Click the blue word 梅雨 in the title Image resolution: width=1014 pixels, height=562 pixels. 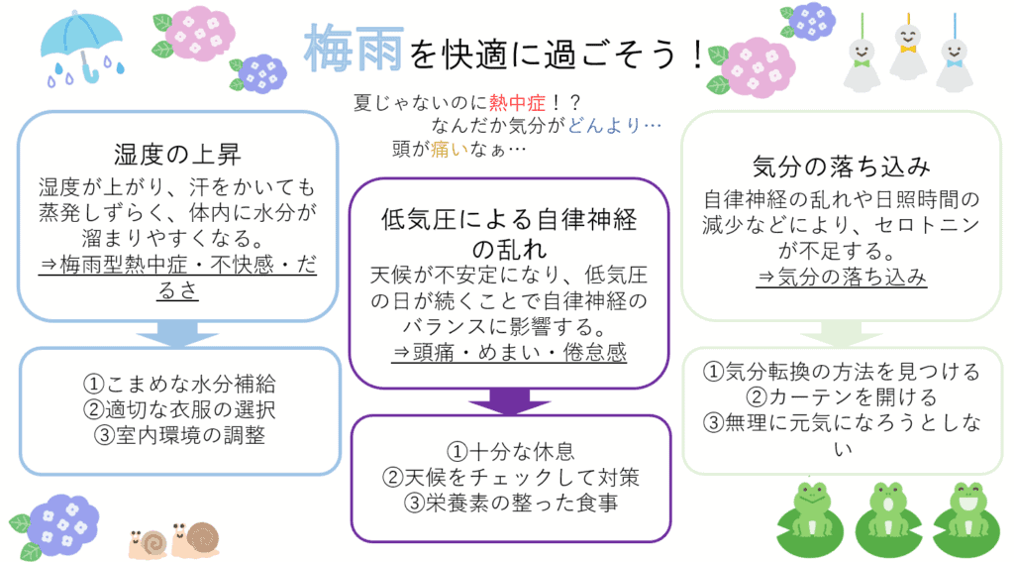[x=354, y=49]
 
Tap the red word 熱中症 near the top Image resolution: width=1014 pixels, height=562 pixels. [x=517, y=102]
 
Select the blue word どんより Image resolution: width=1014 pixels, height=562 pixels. [x=604, y=125]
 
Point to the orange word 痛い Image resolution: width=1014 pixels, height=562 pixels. [x=450, y=149]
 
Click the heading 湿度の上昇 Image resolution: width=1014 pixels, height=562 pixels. [x=177, y=154]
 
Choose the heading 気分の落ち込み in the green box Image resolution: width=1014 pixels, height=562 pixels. [x=842, y=167]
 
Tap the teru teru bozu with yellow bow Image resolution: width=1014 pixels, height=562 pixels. [x=908, y=51]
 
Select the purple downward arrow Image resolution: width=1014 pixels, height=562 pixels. [x=510, y=401]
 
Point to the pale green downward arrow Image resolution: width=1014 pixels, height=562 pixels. [x=842, y=335]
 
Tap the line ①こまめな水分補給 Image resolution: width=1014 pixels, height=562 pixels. [x=179, y=384]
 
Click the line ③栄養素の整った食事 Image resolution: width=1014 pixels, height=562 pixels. [x=511, y=504]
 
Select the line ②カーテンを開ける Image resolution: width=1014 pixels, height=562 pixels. [x=842, y=396]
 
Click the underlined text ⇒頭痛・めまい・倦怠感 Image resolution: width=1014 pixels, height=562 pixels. [x=510, y=352]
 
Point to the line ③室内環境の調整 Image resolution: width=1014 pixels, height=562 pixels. [x=179, y=435]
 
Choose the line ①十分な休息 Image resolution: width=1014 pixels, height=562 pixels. [x=511, y=451]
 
